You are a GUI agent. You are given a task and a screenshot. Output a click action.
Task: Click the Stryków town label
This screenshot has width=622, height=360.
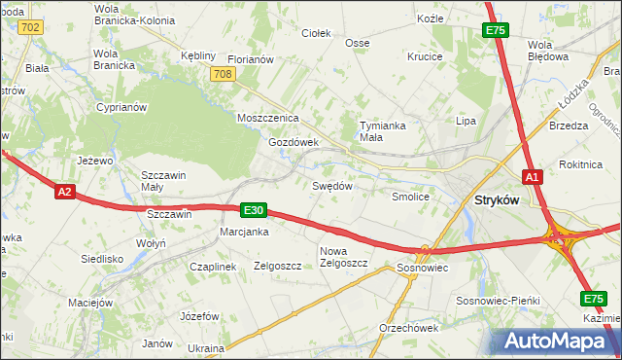(x=496, y=199)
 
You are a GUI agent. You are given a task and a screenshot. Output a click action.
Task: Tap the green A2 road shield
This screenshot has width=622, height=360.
(x=64, y=192)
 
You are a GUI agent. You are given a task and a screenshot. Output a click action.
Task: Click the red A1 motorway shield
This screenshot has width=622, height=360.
(x=532, y=176)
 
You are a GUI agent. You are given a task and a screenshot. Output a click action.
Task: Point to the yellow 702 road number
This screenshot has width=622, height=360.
(x=29, y=26)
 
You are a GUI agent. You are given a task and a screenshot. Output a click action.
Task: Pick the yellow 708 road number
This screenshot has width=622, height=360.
(x=223, y=74)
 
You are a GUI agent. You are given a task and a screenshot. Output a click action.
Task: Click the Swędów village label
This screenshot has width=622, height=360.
(x=330, y=185)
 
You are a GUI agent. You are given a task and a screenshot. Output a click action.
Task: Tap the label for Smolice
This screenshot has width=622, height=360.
(x=410, y=196)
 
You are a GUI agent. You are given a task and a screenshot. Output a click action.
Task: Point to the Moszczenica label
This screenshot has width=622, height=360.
(x=267, y=118)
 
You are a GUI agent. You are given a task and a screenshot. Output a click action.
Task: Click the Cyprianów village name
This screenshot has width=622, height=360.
(x=121, y=107)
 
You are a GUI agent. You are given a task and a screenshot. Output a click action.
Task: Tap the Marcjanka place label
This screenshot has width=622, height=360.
(x=244, y=232)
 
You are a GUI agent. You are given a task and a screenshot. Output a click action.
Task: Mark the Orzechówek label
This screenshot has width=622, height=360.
(x=409, y=327)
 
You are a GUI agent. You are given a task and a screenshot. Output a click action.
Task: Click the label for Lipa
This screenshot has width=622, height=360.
(x=466, y=121)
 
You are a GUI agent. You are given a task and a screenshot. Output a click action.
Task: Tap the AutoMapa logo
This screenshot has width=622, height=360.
(x=558, y=341)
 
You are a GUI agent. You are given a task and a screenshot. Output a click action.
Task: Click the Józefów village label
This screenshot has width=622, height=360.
(x=200, y=316)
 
